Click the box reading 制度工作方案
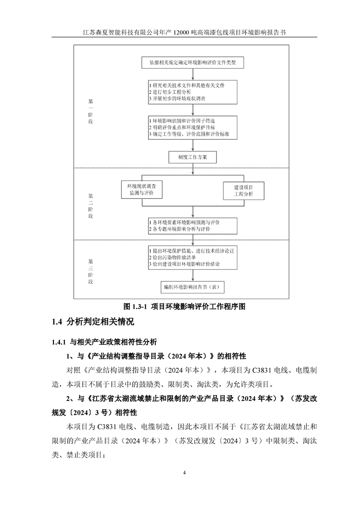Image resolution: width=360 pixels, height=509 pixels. point(192,157)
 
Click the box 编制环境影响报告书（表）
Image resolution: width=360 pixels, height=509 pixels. point(192,287)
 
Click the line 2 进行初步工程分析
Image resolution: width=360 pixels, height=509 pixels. point(173,92)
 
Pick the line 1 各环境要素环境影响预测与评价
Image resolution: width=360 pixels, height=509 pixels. point(184,222)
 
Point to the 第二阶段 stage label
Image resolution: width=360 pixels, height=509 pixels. point(90,206)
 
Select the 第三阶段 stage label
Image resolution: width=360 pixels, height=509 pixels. point(90,271)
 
